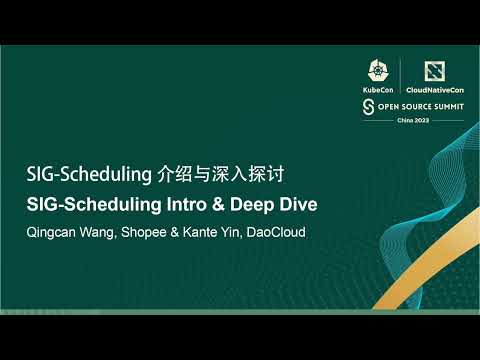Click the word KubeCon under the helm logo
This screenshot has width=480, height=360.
(378, 90)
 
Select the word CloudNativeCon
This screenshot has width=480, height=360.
(434, 90)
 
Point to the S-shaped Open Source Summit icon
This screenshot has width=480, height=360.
(368, 105)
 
